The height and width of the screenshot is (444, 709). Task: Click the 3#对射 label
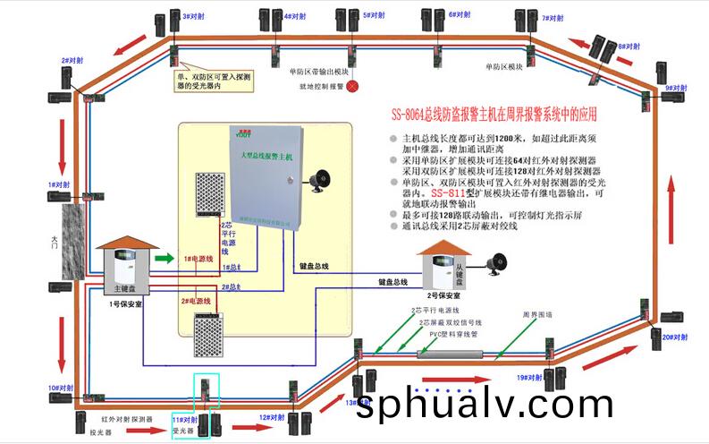195,16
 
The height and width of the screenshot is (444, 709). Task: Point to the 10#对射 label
61,388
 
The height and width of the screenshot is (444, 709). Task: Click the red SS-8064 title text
494,115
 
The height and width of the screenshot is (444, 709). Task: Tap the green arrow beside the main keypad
162,259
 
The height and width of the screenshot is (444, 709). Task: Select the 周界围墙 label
537,314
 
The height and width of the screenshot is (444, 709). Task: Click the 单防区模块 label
503,66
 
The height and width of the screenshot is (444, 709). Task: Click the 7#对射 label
552,17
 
